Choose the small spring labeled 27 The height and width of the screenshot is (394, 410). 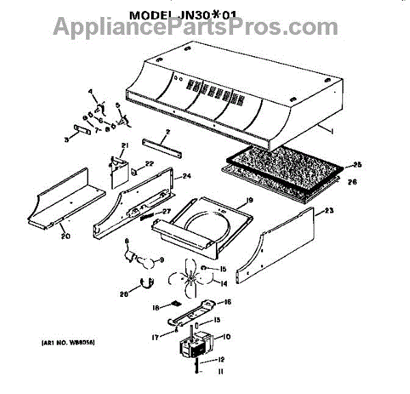[148, 216]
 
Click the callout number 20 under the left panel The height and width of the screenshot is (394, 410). [65, 236]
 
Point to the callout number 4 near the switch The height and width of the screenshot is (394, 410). [90, 92]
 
